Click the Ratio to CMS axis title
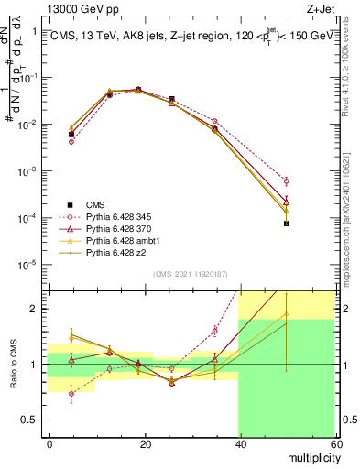pos(14,365)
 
